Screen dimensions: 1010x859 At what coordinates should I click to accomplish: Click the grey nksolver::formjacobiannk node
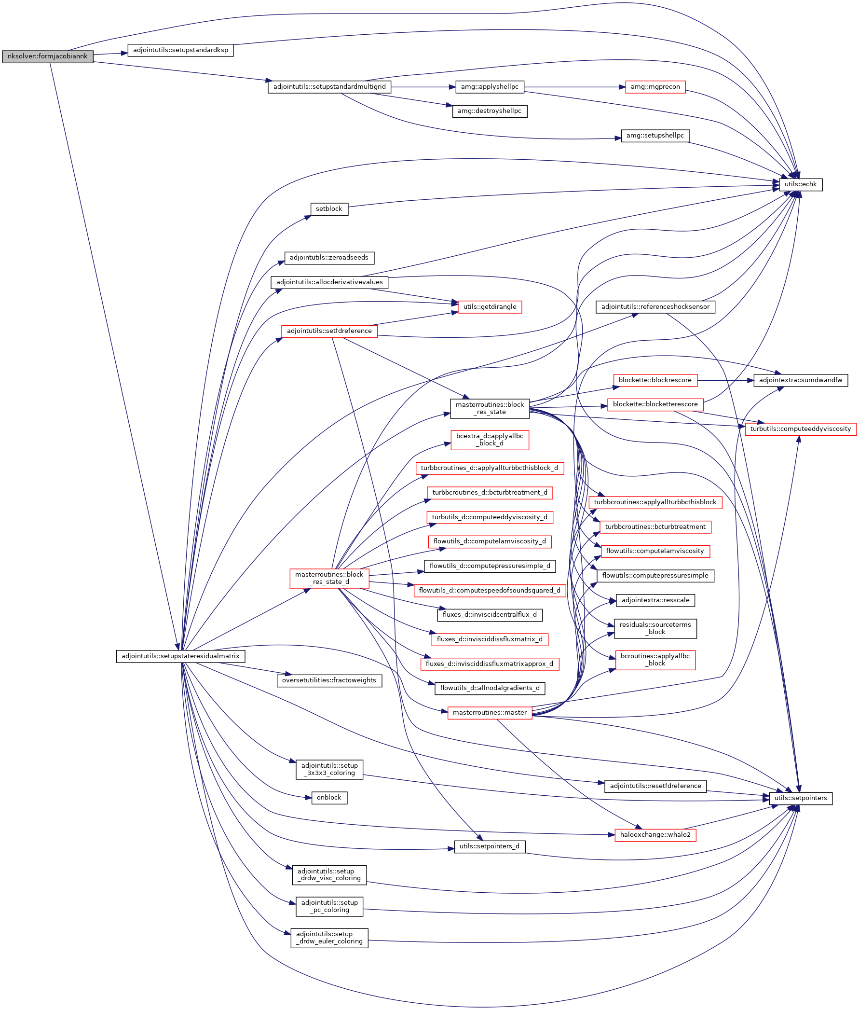tap(47, 56)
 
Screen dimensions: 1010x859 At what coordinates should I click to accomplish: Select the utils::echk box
tap(800, 185)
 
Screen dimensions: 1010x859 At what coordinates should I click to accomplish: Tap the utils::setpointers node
tap(801, 798)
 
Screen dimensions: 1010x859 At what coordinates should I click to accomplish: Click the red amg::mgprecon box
tap(655, 87)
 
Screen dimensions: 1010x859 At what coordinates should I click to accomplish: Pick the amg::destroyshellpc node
tap(490, 111)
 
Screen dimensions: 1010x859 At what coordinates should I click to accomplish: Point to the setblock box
tap(329, 209)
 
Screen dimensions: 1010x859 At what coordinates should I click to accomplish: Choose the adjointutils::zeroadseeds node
tap(329, 258)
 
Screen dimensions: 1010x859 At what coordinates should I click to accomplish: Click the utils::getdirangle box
tap(490, 307)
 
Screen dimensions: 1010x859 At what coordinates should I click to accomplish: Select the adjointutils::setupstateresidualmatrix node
tap(180, 656)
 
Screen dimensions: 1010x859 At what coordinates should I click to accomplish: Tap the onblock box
tap(329, 798)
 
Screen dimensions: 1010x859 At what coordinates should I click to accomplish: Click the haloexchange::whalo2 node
tap(655, 835)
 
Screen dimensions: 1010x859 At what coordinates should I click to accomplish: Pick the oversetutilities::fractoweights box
tap(329, 680)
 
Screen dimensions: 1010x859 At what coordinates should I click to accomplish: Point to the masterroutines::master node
tap(490, 713)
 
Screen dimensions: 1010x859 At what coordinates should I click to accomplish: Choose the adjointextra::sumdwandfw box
tap(800, 380)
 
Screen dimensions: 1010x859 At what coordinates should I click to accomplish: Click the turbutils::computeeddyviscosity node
tap(800, 429)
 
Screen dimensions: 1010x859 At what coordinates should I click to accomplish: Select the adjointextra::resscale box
tap(655, 600)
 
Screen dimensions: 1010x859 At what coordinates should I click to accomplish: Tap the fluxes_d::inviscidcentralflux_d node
tap(490, 615)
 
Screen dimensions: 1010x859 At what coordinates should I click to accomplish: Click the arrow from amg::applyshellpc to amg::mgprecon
tap(574, 87)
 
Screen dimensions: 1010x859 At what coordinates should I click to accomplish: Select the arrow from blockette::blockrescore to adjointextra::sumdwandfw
tap(725, 380)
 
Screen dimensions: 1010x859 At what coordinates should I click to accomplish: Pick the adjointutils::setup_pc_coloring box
tap(329, 906)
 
